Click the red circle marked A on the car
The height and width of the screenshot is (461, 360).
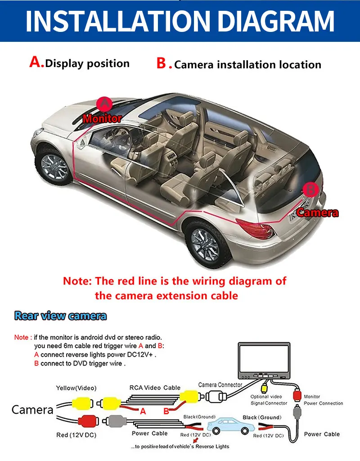(104, 104)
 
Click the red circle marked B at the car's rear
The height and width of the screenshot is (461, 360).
(311, 189)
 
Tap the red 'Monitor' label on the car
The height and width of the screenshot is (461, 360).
(102, 119)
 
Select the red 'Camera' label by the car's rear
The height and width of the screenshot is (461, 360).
(317, 212)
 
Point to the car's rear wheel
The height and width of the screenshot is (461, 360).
(205, 243)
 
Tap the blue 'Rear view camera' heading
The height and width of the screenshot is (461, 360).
(60, 316)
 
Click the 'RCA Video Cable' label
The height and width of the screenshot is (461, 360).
(155, 387)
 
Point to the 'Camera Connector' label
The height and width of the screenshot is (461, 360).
(220, 385)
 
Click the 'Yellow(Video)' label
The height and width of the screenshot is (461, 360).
(76, 388)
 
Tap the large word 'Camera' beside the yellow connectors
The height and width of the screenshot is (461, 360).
(32, 410)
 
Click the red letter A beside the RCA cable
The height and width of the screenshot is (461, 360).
(143, 411)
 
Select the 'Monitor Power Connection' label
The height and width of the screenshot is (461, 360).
(324, 400)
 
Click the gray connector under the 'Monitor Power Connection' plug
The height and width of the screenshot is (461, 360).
(297, 412)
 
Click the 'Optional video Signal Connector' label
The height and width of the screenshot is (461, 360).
(269, 400)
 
